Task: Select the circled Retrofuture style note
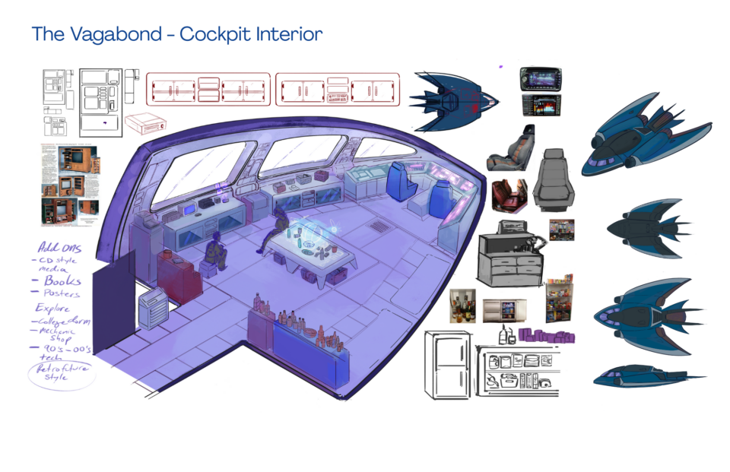pyautogui.click(x=62, y=374)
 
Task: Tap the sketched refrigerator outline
pyautogui.click(x=449, y=364)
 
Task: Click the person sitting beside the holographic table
pyautogui.click(x=278, y=231)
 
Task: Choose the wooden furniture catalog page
pyautogui.click(x=69, y=182)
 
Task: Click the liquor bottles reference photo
pyautogui.click(x=462, y=306)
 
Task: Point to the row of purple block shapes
pyautogui.click(x=547, y=335)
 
